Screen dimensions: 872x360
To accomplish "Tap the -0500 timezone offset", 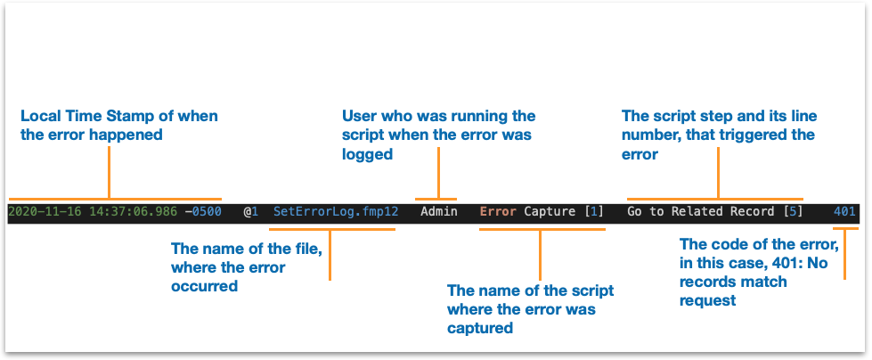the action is [203, 211].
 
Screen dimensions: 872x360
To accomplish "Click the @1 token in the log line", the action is [250, 211].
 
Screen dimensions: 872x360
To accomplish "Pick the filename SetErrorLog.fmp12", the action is [336, 211].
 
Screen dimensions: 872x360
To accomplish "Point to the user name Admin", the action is [439, 211].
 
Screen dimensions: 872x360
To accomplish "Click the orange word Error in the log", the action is [498, 211].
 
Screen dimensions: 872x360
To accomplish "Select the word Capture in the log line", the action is [550, 212].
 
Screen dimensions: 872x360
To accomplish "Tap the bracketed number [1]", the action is [593, 211].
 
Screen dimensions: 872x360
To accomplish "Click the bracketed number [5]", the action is [793, 211].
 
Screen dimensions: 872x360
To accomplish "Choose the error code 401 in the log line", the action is [844, 211].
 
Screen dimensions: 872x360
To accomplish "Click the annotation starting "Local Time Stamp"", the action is [119, 125].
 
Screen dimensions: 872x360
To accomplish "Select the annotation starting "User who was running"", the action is [439, 135].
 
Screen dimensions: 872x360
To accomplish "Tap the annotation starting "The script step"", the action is [719, 135].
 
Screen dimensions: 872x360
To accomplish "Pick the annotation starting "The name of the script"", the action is [531, 309].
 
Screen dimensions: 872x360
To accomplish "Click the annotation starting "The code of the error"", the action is [760, 273].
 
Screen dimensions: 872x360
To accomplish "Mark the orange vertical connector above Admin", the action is [439, 173].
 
